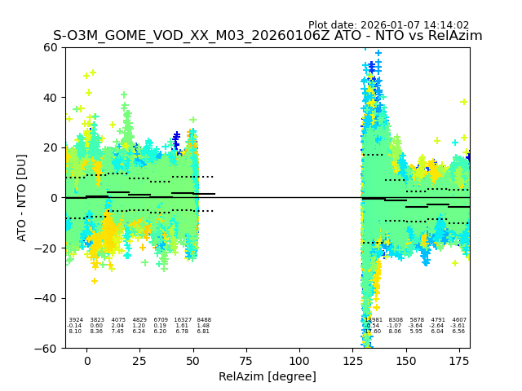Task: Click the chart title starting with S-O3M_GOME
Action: [x=268, y=36]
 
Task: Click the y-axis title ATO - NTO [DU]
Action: [x=22, y=197]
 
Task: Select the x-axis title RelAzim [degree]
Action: [x=268, y=377]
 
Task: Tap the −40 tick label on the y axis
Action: [x=47, y=298]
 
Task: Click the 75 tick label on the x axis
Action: [x=246, y=361]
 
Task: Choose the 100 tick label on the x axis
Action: [x=299, y=361]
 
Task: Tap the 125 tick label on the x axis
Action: [x=352, y=361]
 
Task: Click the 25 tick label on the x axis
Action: [x=140, y=361]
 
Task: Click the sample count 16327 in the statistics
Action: [x=182, y=320]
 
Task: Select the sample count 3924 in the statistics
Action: [x=76, y=320]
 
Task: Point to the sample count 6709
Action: [x=161, y=320]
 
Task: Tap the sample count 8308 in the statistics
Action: [x=396, y=320]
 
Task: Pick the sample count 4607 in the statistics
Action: [x=459, y=320]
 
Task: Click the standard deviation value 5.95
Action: [x=417, y=332]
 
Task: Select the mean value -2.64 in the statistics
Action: [x=438, y=326]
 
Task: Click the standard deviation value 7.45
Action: [x=118, y=332]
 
